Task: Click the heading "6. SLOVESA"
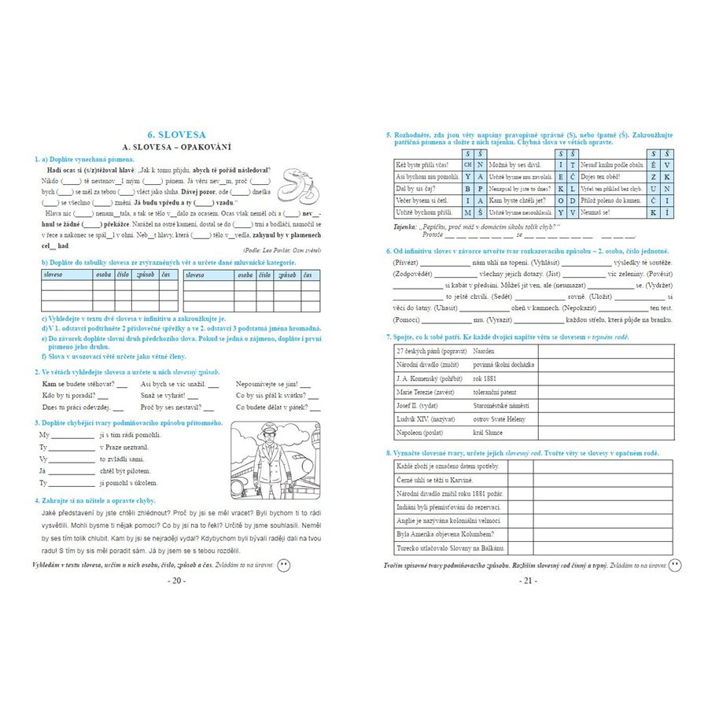tap(176, 135)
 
